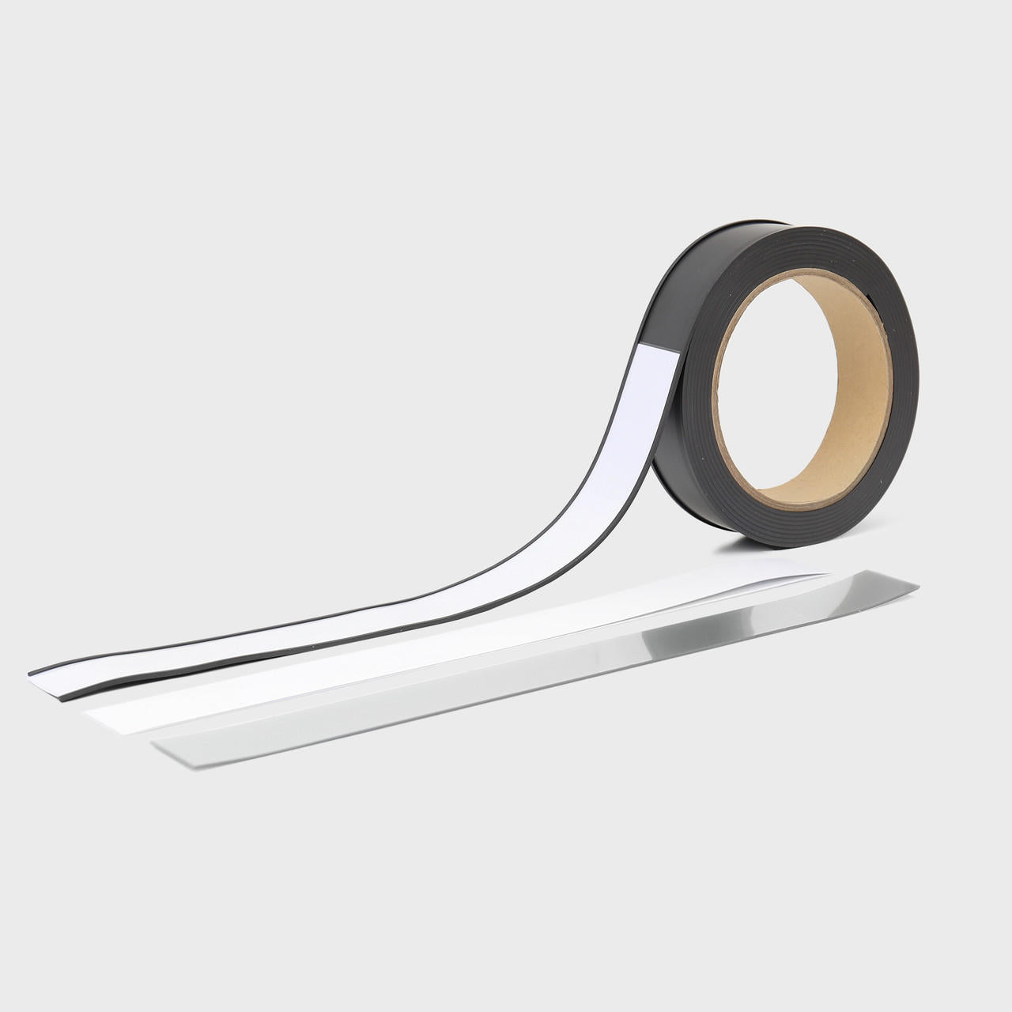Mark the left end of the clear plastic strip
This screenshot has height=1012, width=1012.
(x=158, y=747)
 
